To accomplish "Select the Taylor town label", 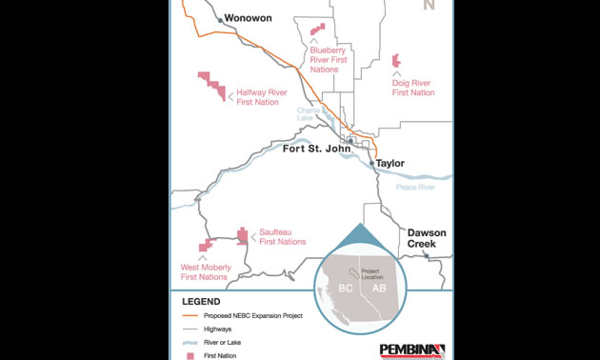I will point(390,163).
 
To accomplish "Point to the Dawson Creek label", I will point(421,238).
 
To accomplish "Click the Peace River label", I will point(414,188).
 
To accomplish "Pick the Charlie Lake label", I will point(310,113).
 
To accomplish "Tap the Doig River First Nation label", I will point(413,88).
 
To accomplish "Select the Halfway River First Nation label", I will point(262,97).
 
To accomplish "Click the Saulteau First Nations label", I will point(283,236).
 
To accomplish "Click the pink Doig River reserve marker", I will point(396,61).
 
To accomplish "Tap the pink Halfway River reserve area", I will point(213,85).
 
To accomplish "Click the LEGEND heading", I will point(199,301).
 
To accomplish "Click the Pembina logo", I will point(411,350).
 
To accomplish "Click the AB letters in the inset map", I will point(379,289).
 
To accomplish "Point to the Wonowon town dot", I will point(219,18).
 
